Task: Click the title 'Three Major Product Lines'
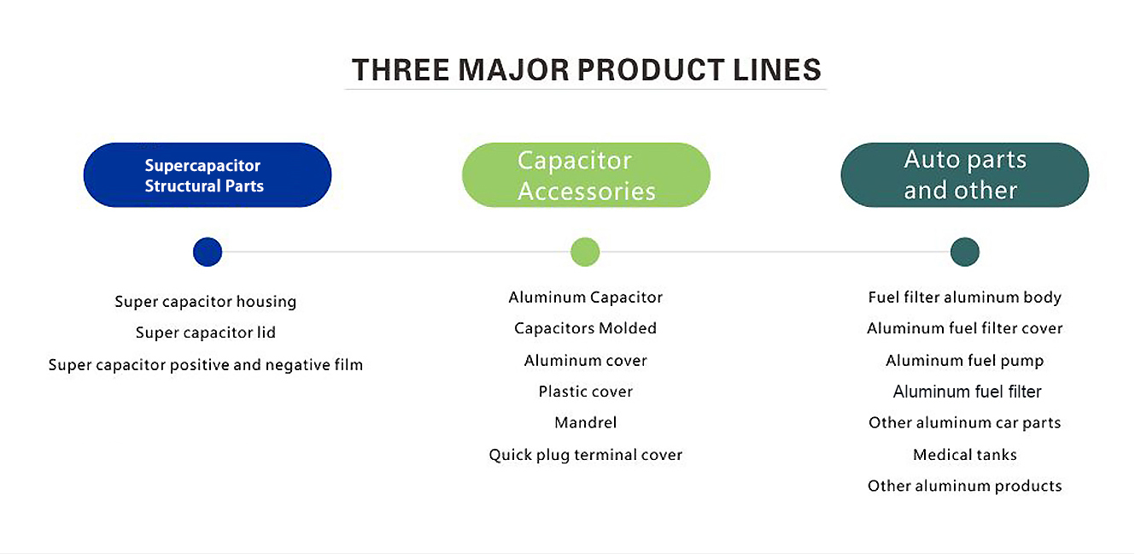coord(586,69)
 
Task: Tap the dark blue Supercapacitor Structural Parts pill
coord(208,175)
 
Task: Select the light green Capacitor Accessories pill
coord(586,175)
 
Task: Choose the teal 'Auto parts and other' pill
coord(965,175)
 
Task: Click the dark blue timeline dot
coord(208,251)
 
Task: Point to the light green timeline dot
coord(585,251)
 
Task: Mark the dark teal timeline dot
coord(965,251)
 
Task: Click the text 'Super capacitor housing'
coord(205,302)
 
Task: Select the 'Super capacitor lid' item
coord(205,333)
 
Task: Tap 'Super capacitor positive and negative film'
coord(205,365)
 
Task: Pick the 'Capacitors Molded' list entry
coord(585,328)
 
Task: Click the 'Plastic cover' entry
coord(585,392)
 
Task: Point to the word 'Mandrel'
coord(585,422)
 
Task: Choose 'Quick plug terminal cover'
coord(585,455)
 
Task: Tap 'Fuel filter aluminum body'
coord(965,298)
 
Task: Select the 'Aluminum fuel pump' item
coord(965,361)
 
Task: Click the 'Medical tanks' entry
coord(965,455)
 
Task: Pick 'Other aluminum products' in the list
coord(965,486)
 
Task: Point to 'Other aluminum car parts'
coord(965,423)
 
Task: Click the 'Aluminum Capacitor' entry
coord(585,298)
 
